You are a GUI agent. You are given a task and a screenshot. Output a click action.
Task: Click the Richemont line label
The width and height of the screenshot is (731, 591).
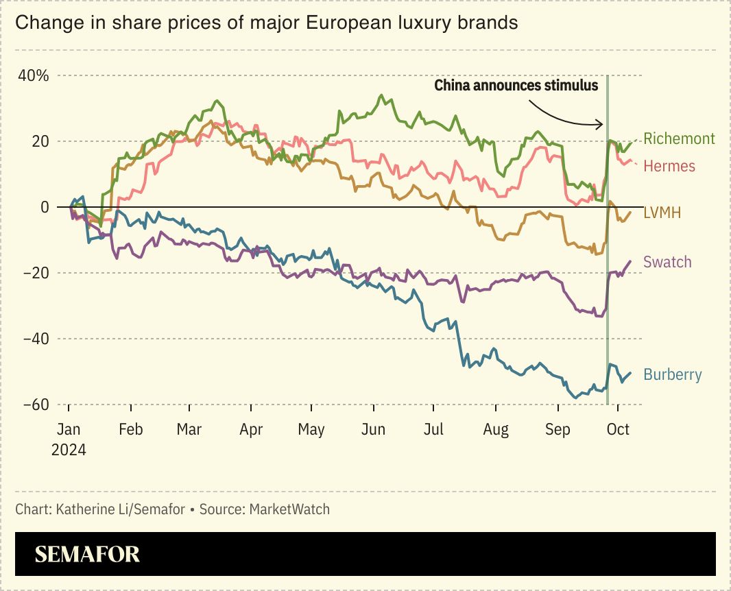(x=679, y=138)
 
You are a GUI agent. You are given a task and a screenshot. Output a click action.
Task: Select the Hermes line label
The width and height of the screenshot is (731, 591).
(x=669, y=166)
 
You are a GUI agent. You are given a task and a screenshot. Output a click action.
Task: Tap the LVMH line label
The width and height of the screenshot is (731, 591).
(x=662, y=213)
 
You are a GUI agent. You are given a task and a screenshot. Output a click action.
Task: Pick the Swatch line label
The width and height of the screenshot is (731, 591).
(x=667, y=262)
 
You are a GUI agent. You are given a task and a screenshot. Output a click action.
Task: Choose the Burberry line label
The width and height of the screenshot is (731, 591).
(x=673, y=374)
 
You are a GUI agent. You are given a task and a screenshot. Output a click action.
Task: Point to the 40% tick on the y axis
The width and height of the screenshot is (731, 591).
(x=34, y=75)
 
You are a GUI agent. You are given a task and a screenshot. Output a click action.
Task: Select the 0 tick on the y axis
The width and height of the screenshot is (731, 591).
(x=44, y=207)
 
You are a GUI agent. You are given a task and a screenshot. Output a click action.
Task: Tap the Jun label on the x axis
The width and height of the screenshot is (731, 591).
(x=373, y=430)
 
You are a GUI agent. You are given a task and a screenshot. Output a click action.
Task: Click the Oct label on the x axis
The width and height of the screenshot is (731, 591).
(x=618, y=430)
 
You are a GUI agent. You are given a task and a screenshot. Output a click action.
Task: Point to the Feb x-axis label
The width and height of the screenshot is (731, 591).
(x=130, y=430)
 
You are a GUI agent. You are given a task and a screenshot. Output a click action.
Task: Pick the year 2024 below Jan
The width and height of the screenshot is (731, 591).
(x=69, y=450)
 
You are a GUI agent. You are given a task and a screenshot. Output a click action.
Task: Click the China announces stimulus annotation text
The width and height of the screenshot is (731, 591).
(x=516, y=86)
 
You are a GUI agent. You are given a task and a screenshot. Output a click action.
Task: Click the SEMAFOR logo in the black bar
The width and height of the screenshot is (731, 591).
(x=87, y=554)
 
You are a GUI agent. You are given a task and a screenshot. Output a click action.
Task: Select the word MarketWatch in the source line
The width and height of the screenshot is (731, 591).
(x=289, y=509)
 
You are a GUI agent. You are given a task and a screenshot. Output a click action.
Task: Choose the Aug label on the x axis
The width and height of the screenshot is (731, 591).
(x=496, y=430)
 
